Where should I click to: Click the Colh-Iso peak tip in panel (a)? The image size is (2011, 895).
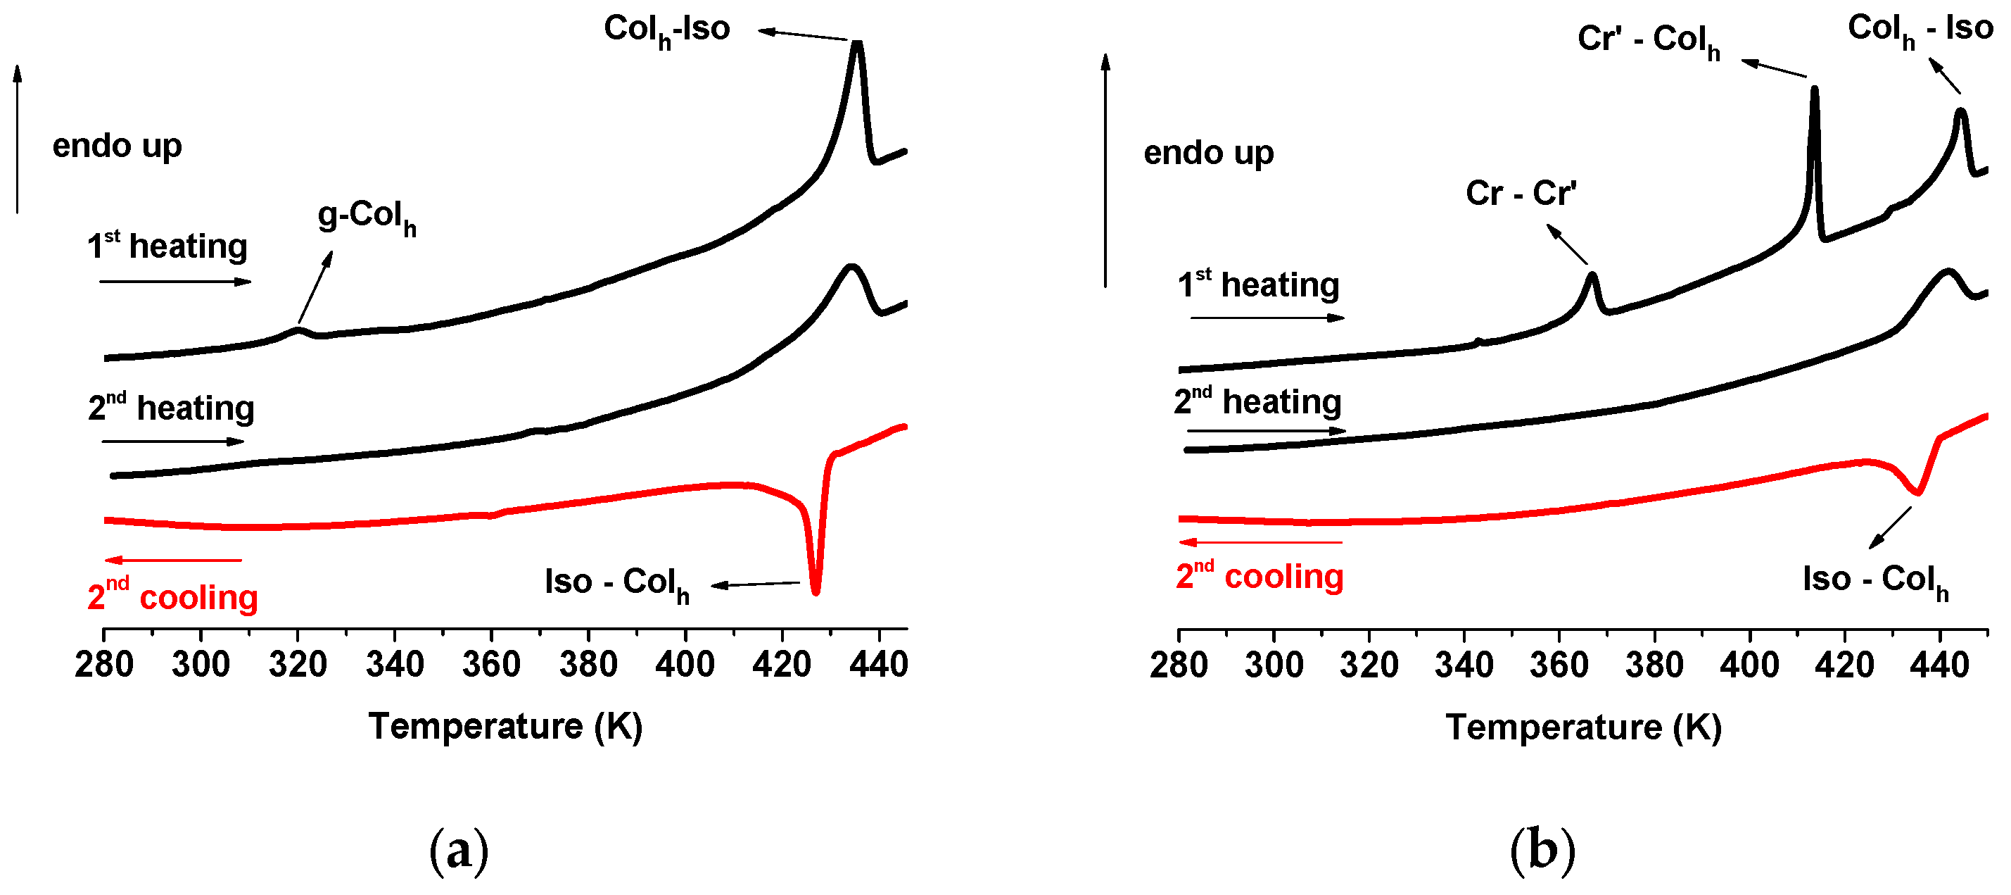[x=856, y=43]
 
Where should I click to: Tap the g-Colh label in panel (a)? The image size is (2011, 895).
[x=366, y=216]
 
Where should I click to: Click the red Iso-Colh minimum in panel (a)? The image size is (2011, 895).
[x=816, y=592]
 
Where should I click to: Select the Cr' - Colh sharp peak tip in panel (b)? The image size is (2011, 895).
[x=1814, y=89]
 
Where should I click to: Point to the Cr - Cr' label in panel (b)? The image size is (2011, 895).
[x=1520, y=193]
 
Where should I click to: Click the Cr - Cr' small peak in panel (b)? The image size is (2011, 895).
[x=1592, y=275]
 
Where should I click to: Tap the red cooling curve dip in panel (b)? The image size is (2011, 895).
[x=1917, y=492]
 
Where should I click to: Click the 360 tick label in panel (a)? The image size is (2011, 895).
[x=491, y=665]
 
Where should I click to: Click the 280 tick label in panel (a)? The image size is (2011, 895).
[x=104, y=665]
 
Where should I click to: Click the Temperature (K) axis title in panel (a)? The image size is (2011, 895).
[x=505, y=726]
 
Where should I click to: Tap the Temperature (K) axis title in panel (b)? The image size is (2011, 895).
[x=1582, y=727]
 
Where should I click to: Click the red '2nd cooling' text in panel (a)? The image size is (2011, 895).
[x=172, y=596]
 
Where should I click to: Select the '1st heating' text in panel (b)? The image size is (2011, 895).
[x=1257, y=284]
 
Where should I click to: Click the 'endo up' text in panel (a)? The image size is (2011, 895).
[x=117, y=146]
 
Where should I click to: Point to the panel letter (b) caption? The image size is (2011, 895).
[x=1542, y=851]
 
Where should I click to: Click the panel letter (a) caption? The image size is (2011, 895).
[x=459, y=851]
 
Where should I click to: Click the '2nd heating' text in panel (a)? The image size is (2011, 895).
[x=171, y=408]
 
